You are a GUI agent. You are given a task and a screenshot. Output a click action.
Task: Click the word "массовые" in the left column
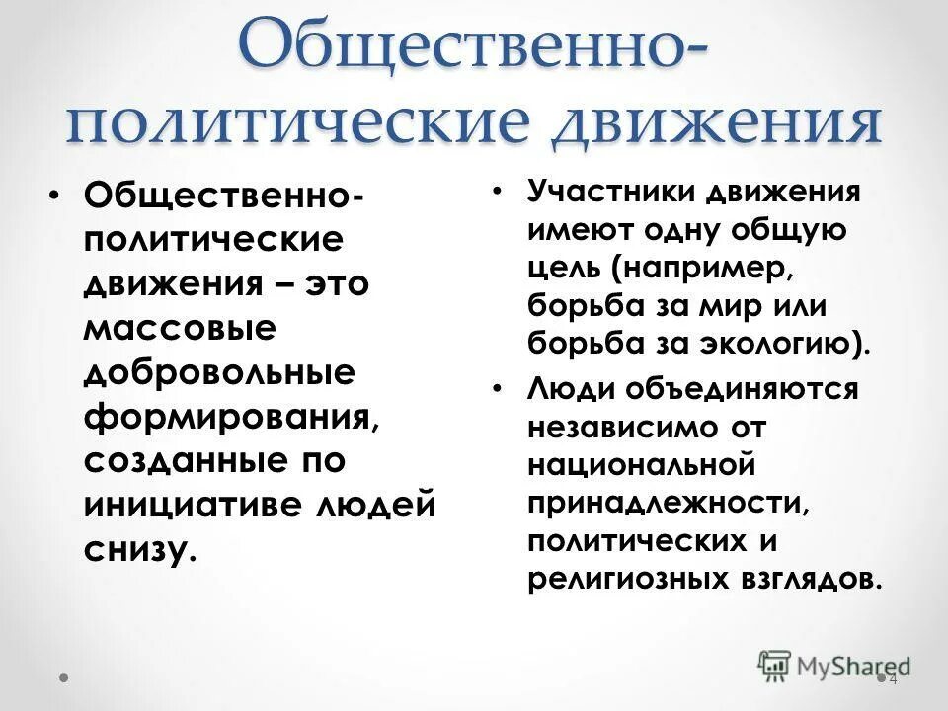pyautogui.click(x=179, y=328)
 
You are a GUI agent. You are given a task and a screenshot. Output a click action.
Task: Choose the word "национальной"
pyautogui.click(x=641, y=465)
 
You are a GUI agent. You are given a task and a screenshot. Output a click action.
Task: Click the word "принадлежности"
pyautogui.click(x=666, y=503)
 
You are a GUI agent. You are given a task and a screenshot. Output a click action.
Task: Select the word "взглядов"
pyautogui.click(x=812, y=579)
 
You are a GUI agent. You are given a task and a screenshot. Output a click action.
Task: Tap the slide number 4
pyautogui.click(x=893, y=680)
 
